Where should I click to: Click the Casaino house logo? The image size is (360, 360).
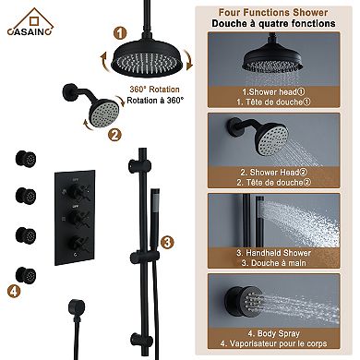pyautogui.click(x=30, y=21)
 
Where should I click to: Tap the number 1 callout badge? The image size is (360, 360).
pyautogui.click(x=120, y=33)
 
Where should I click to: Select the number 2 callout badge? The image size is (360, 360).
pyautogui.click(x=114, y=135)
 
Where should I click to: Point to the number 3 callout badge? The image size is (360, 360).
pyautogui.click(x=166, y=243)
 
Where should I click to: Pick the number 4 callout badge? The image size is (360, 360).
pyautogui.click(x=14, y=291)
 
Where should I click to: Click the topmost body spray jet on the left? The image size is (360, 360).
pyautogui.click(x=26, y=159)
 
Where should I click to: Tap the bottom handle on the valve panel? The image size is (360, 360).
pyautogui.click(x=76, y=243)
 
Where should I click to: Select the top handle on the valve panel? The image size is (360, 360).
pyautogui.click(x=75, y=192)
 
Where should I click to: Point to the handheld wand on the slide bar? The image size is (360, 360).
pyautogui.click(x=154, y=219)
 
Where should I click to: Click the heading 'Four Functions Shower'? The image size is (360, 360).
pyautogui.click(x=273, y=13)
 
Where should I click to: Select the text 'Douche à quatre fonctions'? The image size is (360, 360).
pyautogui.click(x=273, y=24)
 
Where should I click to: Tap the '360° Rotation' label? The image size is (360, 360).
pyautogui.click(x=154, y=90)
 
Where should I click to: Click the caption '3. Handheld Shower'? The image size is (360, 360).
pyautogui.click(x=274, y=253)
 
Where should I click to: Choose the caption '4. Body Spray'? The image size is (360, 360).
pyautogui.click(x=273, y=333)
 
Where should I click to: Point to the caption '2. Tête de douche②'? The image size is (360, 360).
pyautogui.click(x=274, y=183)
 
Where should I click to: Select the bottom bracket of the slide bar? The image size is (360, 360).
pyautogui.click(x=141, y=339)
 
